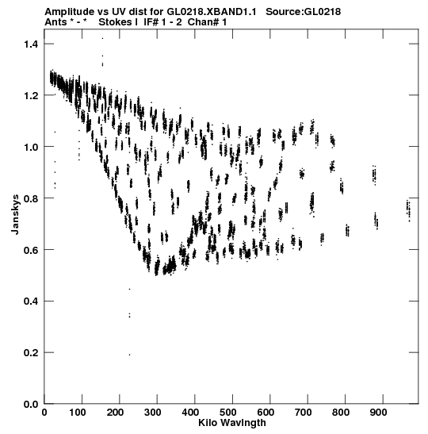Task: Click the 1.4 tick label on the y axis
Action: click(x=31, y=44)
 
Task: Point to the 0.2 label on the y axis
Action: click(x=31, y=353)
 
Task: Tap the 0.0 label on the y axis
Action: click(x=31, y=405)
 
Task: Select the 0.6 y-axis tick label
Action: click(x=31, y=250)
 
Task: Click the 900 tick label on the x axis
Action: click(x=378, y=413)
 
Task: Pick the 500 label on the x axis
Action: click(x=227, y=413)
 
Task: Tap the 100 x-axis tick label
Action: click(x=77, y=413)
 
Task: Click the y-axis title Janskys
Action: click(x=15, y=214)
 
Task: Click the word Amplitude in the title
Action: click(x=70, y=12)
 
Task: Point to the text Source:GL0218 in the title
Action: click(x=303, y=12)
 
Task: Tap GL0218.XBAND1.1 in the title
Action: click(x=212, y=12)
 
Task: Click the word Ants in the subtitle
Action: click(x=55, y=22)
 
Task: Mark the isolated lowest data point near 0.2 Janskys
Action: click(x=129, y=355)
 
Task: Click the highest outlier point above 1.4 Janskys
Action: click(x=102, y=38)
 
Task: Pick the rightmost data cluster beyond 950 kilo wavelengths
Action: click(x=408, y=210)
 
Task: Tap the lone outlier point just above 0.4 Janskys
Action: click(x=129, y=290)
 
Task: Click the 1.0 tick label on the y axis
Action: click(x=31, y=147)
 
